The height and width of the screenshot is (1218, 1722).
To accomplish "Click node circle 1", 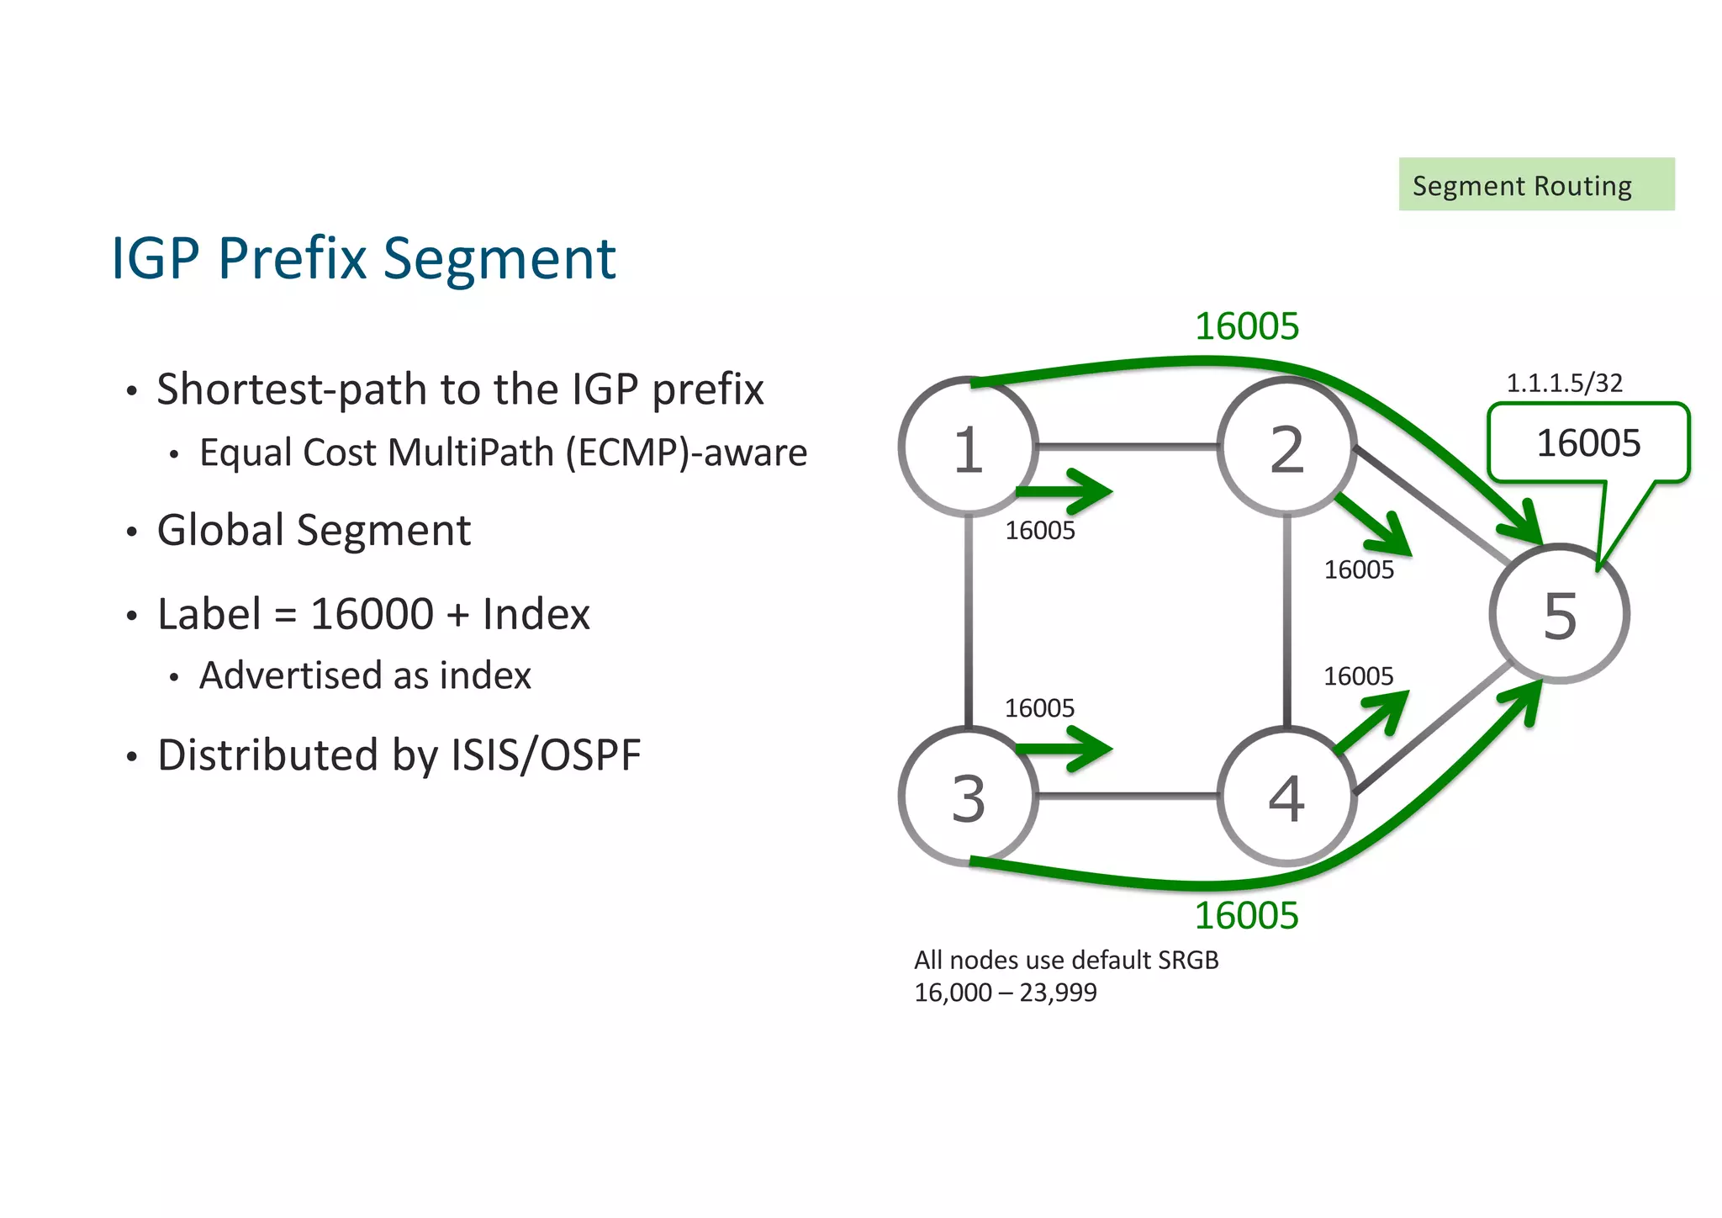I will [x=968, y=447].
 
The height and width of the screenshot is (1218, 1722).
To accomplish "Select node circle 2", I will [x=1286, y=447].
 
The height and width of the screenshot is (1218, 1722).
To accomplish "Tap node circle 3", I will [x=968, y=797].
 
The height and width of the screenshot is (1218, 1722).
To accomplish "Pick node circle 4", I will [x=1286, y=797].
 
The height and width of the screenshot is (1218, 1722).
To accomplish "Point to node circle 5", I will [x=1559, y=614].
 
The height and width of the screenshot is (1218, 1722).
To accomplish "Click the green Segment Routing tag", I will [x=1535, y=184].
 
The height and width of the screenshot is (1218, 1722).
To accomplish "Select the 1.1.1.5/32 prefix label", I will [x=1564, y=383].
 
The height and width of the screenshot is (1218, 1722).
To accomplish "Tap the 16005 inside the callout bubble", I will [x=1587, y=443].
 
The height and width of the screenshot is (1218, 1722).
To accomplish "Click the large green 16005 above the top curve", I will [x=1247, y=326].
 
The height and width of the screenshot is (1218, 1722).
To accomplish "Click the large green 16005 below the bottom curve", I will [x=1246, y=915].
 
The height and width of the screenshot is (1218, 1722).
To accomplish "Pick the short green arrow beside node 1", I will [x=1064, y=491].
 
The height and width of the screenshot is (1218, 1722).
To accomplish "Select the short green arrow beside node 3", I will [x=1064, y=748].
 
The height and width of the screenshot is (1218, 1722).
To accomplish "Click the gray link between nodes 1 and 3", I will [x=969, y=622].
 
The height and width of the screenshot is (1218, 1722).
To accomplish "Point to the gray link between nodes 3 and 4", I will [x=1127, y=795].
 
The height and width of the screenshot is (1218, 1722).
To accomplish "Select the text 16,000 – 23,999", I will [x=1005, y=993].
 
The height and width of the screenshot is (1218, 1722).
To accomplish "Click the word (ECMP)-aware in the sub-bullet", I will [x=686, y=453].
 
